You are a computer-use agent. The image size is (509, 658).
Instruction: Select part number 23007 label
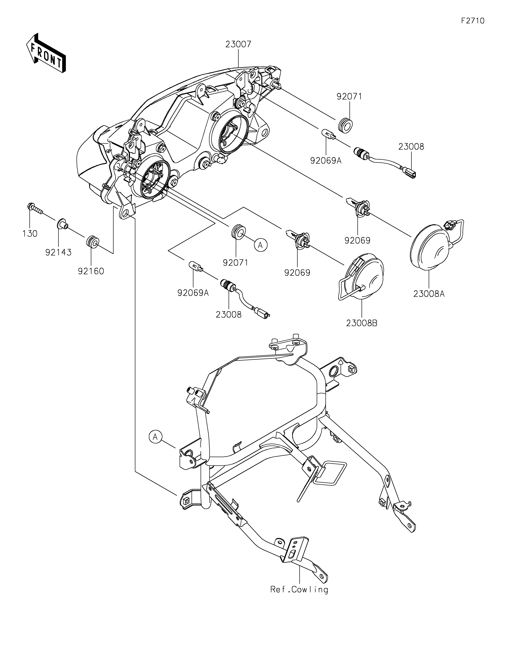(x=238, y=44)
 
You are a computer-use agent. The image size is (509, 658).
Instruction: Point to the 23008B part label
(x=362, y=323)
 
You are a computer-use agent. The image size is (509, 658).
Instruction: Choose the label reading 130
(x=30, y=233)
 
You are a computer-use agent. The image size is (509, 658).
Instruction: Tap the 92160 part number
(x=91, y=271)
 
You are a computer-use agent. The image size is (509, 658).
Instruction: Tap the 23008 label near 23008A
(x=411, y=147)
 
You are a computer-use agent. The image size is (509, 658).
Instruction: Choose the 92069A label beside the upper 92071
(x=326, y=161)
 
